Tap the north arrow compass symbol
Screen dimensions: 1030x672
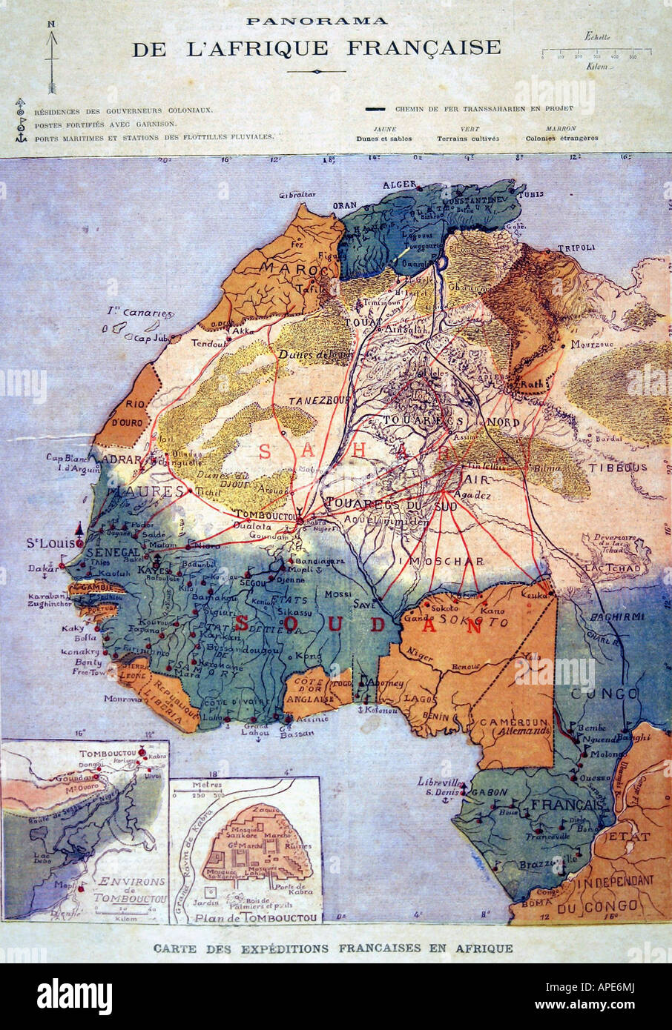pyautogui.click(x=52, y=59)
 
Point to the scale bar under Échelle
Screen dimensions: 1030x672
pyautogui.click(x=596, y=52)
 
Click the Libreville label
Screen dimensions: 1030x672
pyautogui.click(x=440, y=783)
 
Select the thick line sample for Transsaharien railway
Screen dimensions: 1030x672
pyautogui.click(x=375, y=109)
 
